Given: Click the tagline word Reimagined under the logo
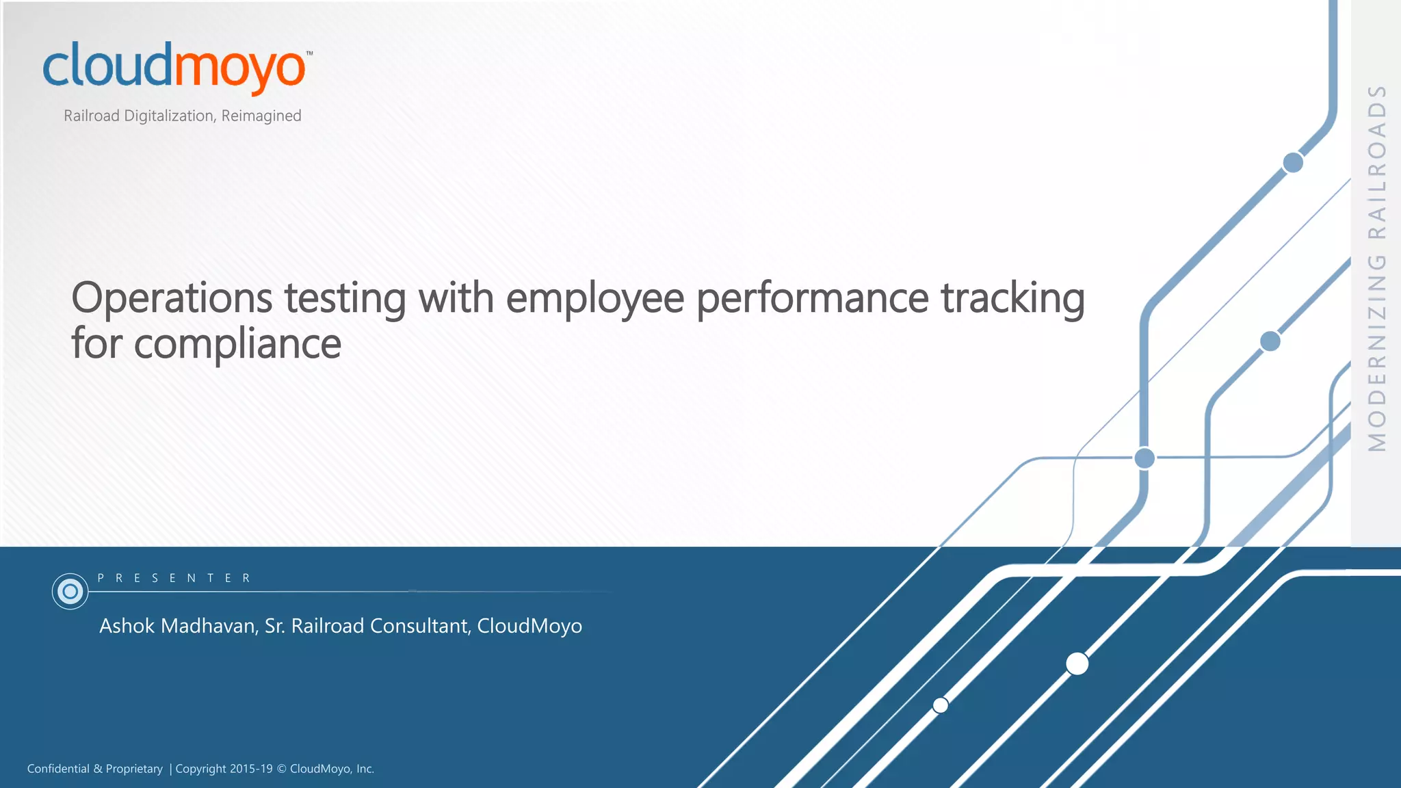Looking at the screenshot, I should click(x=261, y=116).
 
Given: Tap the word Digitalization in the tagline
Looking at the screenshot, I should click(x=168, y=116).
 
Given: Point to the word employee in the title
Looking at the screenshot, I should click(x=594, y=300).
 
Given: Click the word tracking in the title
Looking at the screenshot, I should click(x=1012, y=300).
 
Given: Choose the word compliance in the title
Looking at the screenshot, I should click(x=237, y=344).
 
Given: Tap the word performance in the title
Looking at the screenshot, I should click(x=813, y=300).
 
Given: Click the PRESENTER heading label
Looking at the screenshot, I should click(x=174, y=578).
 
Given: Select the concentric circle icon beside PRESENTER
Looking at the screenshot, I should click(x=70, y=591).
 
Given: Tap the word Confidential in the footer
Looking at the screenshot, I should click(x=58, y=769).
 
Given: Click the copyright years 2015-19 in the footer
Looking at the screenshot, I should click(x=251, y=769).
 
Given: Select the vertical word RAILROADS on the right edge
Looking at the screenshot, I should click(x=1377, y=161).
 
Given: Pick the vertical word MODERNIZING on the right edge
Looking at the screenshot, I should click(x=1377, y=353).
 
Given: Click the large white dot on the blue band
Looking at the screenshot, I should click(x=1077, y=664).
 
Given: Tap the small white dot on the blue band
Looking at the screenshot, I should click(x=941, y=705).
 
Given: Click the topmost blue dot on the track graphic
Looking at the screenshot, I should click(x=1293, y=163).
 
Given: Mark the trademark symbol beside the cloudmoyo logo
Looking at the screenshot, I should click(x=310, y=53).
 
